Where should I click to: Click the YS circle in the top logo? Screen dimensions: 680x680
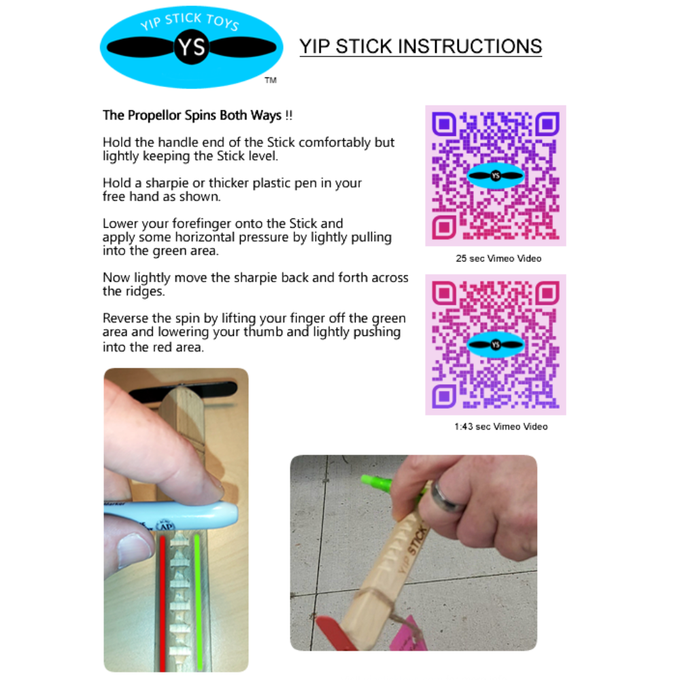pos(191,47)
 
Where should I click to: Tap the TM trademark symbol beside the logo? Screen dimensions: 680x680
pos(271,80)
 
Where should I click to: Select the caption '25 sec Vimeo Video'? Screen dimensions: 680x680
pos(498,258)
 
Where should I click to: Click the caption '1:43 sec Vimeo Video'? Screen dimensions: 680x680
pos(501,427)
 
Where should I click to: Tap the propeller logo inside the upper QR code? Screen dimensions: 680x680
pos(496,175)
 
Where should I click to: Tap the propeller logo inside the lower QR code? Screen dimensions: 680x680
pos(496,345)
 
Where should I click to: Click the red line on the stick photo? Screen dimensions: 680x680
pos(163,603)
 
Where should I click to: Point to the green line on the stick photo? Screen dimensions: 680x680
pos(198,602)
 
